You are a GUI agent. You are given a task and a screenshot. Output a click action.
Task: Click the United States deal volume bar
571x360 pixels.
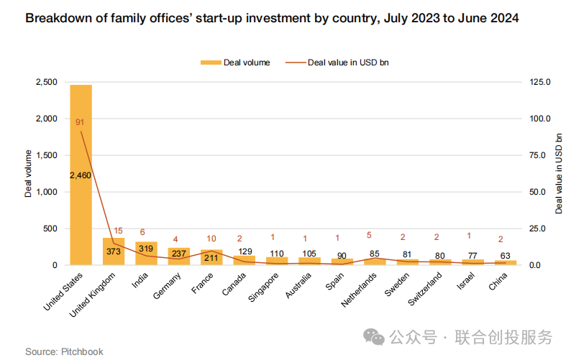[x=81, y=175]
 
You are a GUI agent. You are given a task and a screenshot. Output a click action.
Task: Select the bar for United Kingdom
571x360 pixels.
[x=114, y=251]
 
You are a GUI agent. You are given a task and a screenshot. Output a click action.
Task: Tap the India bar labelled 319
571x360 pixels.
[x=146, y=254]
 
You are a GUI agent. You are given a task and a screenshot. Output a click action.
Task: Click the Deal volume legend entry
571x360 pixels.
[x=235, y=63]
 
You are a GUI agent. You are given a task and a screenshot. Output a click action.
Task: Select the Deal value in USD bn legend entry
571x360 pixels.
[x=337, y=63]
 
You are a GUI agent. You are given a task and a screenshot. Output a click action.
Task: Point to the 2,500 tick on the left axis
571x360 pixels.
[x=47, y=82]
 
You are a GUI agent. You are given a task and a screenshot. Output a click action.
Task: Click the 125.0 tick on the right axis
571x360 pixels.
[x=540, y=82]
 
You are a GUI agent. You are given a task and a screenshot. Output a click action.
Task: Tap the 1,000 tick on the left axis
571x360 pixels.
[x=47, y=192]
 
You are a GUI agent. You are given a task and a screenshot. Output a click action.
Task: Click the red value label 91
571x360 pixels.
[x=80, y=122]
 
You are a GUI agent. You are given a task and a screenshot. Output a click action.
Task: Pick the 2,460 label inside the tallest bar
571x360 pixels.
[x=81, y=175]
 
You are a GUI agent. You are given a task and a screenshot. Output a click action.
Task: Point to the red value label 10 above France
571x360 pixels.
[x=211, y=239]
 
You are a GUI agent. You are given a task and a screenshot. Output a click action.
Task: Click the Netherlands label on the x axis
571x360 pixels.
[x=359, y=290]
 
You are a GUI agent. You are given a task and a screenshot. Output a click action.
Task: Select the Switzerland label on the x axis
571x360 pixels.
[x=424, y=289]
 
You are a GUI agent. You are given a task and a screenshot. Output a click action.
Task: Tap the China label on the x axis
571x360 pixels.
[x=498, y=282]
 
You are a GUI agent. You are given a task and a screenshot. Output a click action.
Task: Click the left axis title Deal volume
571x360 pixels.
[x=28, y=174]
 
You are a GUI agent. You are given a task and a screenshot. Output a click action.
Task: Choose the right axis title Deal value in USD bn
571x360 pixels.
[x=558, y=174]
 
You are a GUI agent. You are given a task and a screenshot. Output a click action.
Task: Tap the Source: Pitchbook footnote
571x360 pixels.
[x=64, y=351]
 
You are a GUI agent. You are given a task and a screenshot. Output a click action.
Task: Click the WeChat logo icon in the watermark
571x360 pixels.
[x=374, y=337]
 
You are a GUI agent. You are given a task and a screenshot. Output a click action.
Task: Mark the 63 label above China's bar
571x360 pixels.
[x=505, y=256]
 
